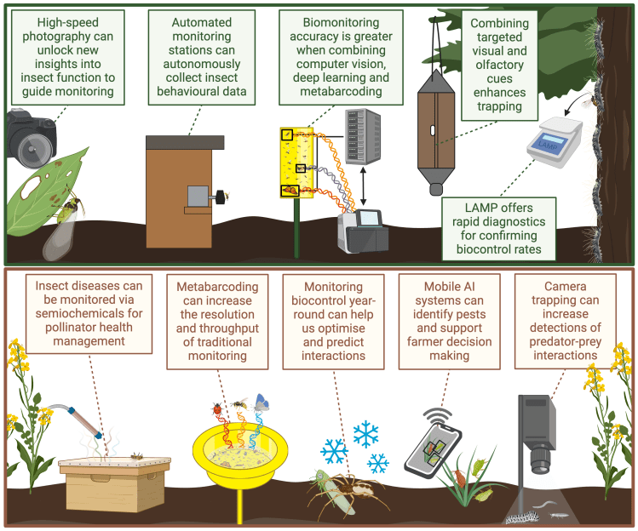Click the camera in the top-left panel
click(31, 136)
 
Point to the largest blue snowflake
click(365, 434)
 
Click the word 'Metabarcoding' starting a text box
click(212, 287)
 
